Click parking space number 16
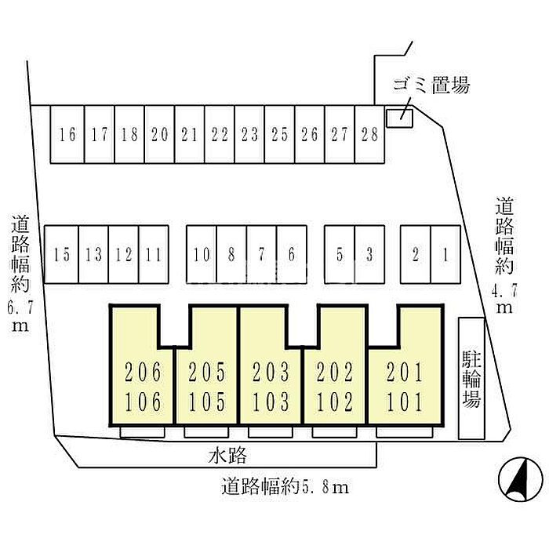(67, 134)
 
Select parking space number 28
(369, 134)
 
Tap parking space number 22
(220, 134)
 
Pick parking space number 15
(62, 254)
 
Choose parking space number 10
(202, 254)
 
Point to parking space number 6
(291, 254)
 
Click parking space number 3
(369, 254)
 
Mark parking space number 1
(445, 254)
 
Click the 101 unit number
(404, 403)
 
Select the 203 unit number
(271, 371)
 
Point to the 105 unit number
(207, 403)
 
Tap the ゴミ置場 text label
(431, 85)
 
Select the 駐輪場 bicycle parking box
(471, 378)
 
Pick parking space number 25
(279, 134)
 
